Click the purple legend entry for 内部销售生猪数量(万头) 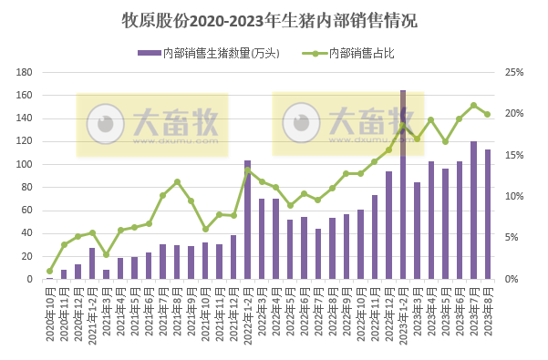[x=210, y=53]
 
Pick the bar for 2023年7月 [x=473, y=211]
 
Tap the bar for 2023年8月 [x=488, y=215]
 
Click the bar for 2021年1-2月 [x=92, y=263]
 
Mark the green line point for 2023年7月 [x=473, y=105]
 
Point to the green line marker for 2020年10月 [x=49, y=271]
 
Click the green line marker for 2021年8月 [x=177, y=181]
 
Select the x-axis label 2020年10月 [x=49, y=314]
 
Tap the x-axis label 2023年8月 [x=488, y=314]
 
